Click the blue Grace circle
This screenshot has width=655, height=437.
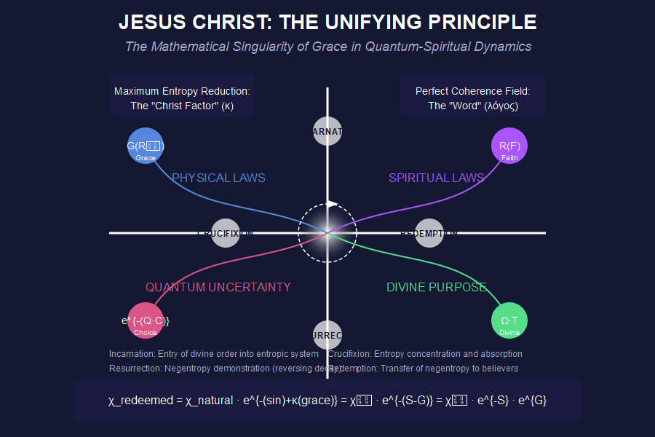pyautogui.click(x=146, y=146)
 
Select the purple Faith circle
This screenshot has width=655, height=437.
pyautogui.click(x=509, y=146)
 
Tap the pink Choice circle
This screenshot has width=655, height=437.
pyautogui.click(x=146, y=320)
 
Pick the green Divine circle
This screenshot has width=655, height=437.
pyautogui.click(x=509, y=320)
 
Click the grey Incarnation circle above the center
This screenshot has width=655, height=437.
pyautogui.click(x=327, y=132)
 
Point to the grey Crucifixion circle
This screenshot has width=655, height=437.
pyautogui.click(x=225, y=233)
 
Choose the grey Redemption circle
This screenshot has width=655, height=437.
pyautogui.click(x=429, y=233)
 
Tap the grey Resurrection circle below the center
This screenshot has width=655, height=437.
pyautogui.click(x=327, y=335)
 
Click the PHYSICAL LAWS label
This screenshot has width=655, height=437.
pyautogui.click(x=218, y=178)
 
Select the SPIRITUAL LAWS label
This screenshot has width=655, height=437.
pyautogui.click(x=437, y=178)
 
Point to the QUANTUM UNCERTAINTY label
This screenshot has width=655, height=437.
pyautogui.click(x=218, y=287)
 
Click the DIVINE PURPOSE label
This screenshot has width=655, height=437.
pyautogui.click(x=437, y=287)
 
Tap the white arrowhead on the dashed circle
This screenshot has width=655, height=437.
pyautogui.click(x=333, y=204)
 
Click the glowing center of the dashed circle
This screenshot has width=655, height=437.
pyautogui.click(x=327, y=233)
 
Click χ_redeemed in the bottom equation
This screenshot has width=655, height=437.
pyautogui.click(x=141, y=401)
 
